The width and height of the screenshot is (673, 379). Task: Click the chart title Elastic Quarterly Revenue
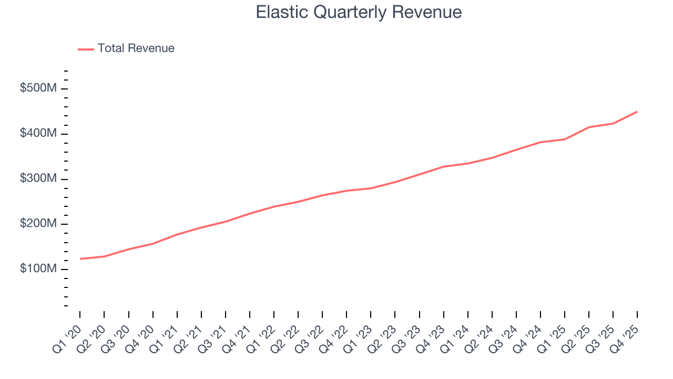point(359,12)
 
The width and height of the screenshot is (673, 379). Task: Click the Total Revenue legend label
point(136,48)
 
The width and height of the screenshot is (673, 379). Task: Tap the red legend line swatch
point(86,49)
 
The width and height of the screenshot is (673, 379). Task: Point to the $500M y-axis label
point(38,88)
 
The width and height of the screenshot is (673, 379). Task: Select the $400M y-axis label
point(38,134)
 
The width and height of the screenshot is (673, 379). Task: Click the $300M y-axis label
point(38,179)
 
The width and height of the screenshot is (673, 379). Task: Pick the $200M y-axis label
point(38,224)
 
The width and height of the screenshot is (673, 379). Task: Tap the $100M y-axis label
point(38,269)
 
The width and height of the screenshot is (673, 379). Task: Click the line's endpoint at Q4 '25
point(637,112)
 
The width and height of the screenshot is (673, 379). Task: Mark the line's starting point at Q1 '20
point(80,259)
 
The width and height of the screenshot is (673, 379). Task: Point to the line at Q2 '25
point(589,127)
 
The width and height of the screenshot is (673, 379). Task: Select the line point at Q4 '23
point(443,167)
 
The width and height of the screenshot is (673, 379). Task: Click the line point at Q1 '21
point(177,234)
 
